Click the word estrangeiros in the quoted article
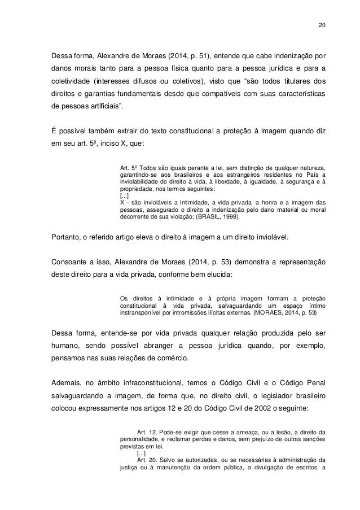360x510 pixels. coord(249,176)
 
